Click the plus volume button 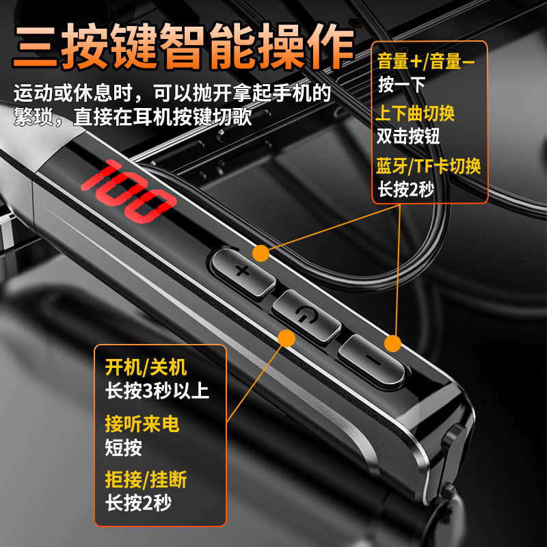coord(241,270)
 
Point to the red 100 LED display coord(127,192)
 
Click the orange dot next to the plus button coord(261,254)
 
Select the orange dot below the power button coord(286,338)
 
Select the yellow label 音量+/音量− coord(426,63)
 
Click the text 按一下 coord(401,85)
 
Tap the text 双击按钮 coord(408,135)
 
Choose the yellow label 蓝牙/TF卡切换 coord(429,165)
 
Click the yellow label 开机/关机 coord(146,368)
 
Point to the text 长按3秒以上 coord(157,390)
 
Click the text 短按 coord(124,447)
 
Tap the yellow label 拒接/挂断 coord(146,481)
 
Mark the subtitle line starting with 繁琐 coord(133,116)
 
